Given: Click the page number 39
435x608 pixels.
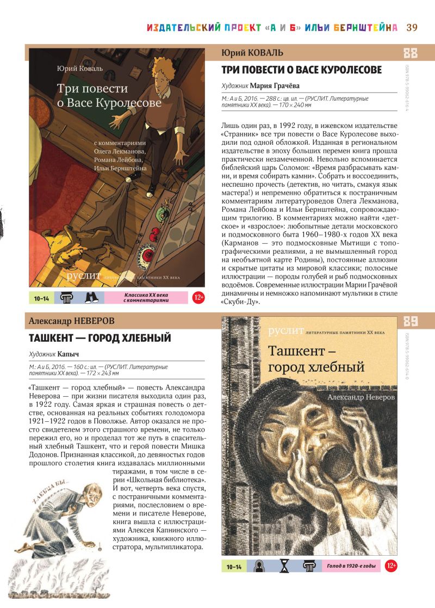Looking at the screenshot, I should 412,28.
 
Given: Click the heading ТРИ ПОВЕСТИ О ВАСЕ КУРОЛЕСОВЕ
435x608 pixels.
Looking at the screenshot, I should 302,70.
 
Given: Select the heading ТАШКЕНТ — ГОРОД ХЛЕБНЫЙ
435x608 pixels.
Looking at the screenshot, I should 100,338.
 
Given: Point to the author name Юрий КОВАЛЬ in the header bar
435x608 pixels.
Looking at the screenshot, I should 253,52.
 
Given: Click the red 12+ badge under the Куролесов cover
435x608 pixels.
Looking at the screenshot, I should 198,298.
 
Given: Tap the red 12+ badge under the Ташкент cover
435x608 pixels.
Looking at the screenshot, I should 390,566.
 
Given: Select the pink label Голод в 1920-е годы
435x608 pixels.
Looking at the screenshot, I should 351,566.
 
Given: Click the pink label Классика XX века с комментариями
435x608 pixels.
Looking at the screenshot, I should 144,298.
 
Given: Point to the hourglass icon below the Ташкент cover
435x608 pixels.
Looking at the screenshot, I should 284,566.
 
